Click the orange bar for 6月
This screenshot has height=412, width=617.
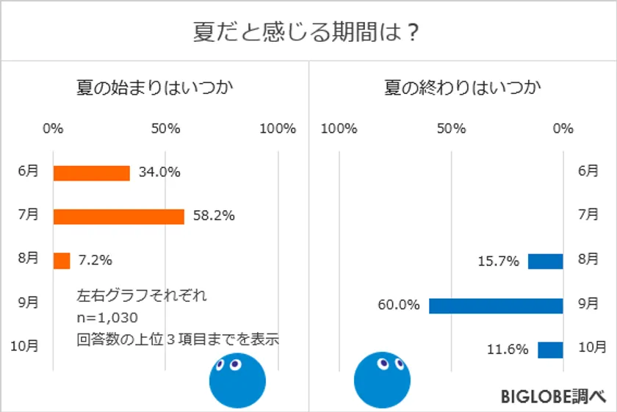click(92, 173)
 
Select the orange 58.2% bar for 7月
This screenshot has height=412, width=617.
click(118, 217)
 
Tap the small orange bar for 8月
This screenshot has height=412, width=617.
click(62, 261)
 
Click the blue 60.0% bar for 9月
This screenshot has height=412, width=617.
click(496, 306)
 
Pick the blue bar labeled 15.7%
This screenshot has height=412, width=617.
click(545, 261)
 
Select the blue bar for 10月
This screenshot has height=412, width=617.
click(550, 350)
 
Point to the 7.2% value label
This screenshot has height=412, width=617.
click(95, 260)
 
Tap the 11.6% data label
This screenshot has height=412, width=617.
click(508, 350)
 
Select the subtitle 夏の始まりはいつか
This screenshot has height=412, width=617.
click(151, 88)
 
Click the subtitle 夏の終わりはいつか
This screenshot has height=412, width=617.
click(463, 88)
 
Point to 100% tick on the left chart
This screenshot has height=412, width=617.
click(277, 129)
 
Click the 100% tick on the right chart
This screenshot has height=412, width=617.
click(339, 129)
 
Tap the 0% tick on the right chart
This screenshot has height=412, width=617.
click(563, 129)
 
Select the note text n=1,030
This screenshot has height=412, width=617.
click(107, 317)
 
